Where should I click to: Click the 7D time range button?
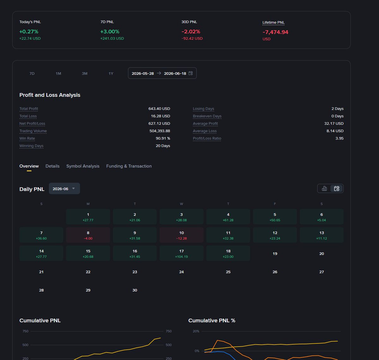[x=32, y=74]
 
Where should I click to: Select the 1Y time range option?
[x=111, y=74]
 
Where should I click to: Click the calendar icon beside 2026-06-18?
[x=190, y=73]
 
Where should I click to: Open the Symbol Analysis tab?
[x=83, y=166]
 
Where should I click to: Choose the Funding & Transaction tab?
[x=129, y=166]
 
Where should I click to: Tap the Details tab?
[x=52, y=166]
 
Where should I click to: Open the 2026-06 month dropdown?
[x=64, y=189]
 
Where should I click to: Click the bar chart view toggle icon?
[x=324, y=189]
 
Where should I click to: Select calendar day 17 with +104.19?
[x=181, y=253]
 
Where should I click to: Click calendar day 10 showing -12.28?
[x=181, y=235]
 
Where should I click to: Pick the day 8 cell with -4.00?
[x=88, y=235]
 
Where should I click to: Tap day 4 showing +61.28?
[x=228, y=217]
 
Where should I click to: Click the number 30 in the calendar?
[x=135, y=290]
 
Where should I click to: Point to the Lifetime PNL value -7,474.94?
[x=275, y=32]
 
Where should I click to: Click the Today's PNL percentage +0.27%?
[x=29, y=32]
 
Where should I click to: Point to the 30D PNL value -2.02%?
[x=191, y=32]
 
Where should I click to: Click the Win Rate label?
[x=27, y=139]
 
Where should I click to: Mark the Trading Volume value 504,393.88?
[x=160, y=131]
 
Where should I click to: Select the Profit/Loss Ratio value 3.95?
[x=340, y=139]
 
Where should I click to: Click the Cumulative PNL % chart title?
[x=212, y=321]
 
